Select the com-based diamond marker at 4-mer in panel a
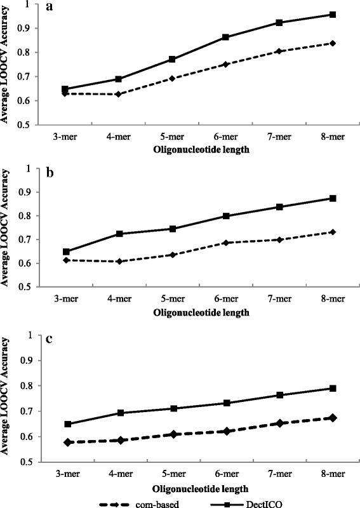coord(118,94)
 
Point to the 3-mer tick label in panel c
coord(64,474)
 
